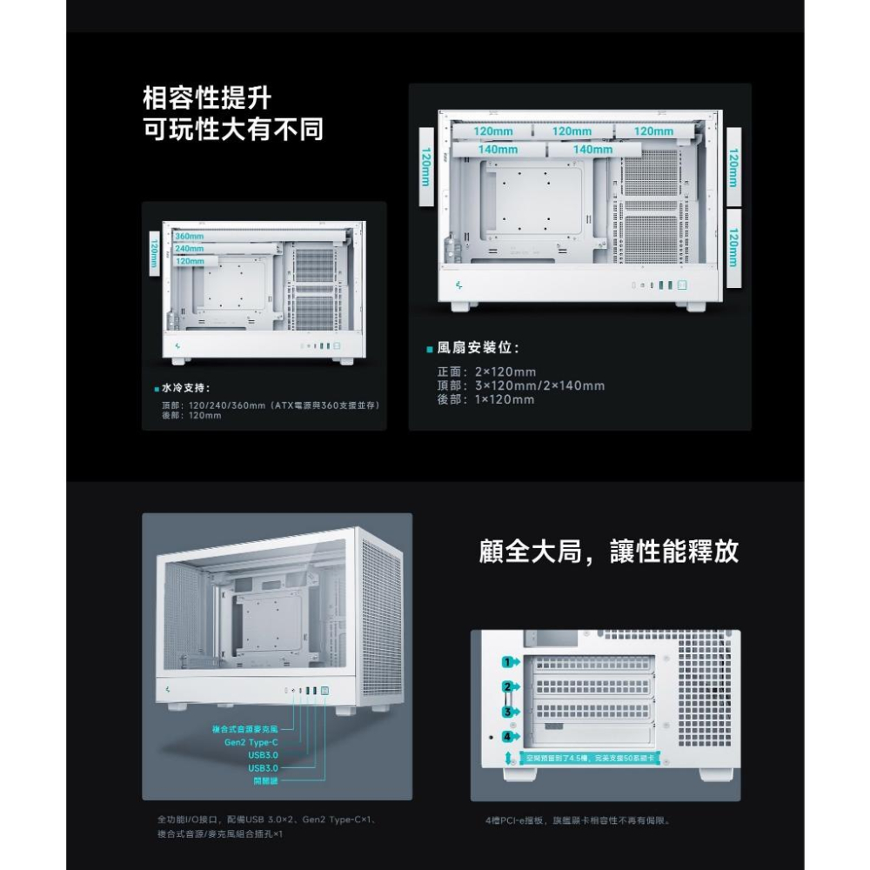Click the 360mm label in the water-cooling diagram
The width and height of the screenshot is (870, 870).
[x=189, y=236]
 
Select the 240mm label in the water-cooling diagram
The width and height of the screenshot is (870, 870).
[x=189, y=249]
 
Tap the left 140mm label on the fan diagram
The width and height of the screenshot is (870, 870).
[x=498, y=150]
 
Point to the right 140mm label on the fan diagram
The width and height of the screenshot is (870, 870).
[x=592, y=150]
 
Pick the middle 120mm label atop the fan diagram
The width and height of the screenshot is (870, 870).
[x=572, y=131]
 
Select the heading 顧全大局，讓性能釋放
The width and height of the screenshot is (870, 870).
[x=609, y=552]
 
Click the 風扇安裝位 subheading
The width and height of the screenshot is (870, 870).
[x=477, y=348]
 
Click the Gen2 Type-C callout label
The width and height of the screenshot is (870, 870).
[x=251, y=742]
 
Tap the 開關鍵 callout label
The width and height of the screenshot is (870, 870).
[x=265, y=780]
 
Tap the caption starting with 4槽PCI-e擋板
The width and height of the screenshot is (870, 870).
[x=579, y=820]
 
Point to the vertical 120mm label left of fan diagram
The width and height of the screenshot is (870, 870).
[x=426, y=166]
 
